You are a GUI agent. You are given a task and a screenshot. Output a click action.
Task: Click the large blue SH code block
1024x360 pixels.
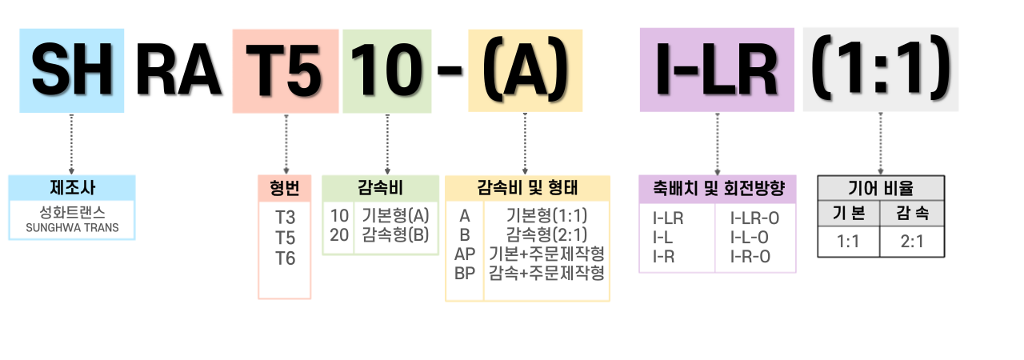[x=72, y=70]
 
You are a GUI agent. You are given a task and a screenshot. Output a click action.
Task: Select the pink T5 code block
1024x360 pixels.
[x=285, y=70]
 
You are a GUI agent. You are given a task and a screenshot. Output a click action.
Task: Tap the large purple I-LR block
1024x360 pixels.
[x=717, y=70]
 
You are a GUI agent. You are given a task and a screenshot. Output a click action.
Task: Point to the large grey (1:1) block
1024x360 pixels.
[x=880, y=69]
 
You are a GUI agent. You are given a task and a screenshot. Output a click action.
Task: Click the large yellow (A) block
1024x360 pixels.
[x=525, y=70]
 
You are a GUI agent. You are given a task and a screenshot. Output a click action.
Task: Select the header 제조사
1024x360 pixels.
[x=72, y=188]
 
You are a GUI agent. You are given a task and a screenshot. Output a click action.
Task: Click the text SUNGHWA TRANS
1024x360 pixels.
[x=72, y=228]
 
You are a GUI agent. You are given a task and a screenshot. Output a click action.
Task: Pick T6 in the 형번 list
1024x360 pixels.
[x=285, y=258]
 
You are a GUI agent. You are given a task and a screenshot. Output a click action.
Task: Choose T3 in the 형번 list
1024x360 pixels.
[x=285, y=217]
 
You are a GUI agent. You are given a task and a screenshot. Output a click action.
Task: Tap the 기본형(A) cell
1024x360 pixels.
[x=395, y=215]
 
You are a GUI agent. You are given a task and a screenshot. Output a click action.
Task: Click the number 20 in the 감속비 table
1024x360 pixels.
[x=339, y=235]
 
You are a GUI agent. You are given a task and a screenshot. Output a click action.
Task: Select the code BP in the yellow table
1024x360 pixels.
[x=464, y=273]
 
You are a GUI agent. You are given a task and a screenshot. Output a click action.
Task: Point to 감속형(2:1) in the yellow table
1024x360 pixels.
[x=547, y=234]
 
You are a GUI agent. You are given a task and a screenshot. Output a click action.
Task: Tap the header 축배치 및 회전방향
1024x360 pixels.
[x=717, y=190]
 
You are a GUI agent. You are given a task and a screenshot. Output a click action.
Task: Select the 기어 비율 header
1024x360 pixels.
[x=880, y=189]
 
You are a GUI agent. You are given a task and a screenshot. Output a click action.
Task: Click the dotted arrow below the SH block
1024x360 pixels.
[x=72, y=144]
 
